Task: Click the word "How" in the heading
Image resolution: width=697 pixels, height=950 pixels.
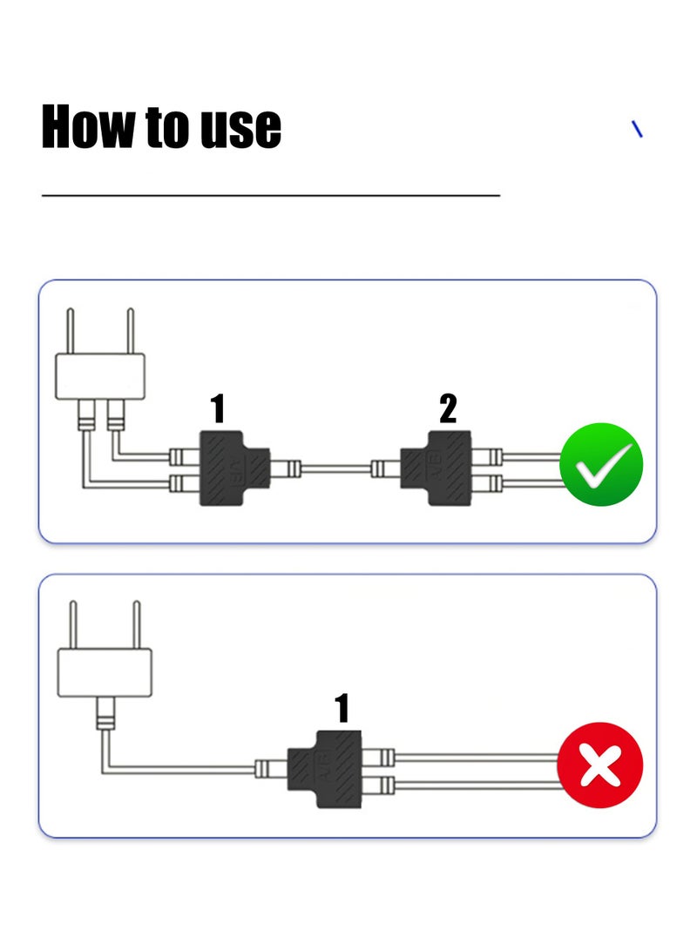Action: coord(89,126)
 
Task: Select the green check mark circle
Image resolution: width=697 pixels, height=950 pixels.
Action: coord(600,464)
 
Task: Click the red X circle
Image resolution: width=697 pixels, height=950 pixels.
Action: coord(600,765)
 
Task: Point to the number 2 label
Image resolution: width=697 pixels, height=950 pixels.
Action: coord(448,408)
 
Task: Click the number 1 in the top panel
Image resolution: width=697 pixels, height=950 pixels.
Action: coord(218,408)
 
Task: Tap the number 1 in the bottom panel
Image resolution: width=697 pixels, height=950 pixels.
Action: coord(342,708)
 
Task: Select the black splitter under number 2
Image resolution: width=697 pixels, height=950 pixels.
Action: coord(436,468)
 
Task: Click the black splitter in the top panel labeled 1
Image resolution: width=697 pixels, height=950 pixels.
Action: coord(234,468)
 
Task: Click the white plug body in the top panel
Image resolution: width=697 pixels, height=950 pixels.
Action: coord(100,376)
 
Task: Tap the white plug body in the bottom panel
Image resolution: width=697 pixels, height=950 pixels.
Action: coord(105,672)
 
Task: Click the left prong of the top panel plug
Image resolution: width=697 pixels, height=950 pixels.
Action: coord(71,331)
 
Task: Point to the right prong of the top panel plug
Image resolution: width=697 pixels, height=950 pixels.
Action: coord(131,331)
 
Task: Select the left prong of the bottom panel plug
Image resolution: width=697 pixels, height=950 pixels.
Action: coord(73,624)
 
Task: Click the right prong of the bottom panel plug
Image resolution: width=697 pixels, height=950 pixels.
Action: coord(137,624)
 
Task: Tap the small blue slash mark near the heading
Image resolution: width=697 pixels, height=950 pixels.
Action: coord(637,129)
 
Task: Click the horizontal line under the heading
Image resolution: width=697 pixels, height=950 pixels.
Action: coord(271,196)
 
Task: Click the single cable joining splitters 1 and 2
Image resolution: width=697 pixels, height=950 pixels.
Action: coord(335,468)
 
